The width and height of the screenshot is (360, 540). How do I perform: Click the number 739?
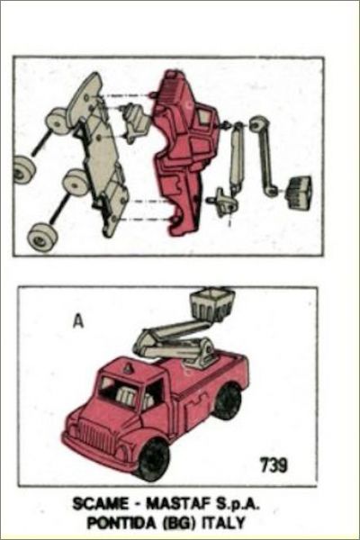(274, 465)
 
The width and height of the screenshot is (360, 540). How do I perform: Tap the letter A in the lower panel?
(79, 321)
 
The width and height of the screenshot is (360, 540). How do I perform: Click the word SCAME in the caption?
(100, 505)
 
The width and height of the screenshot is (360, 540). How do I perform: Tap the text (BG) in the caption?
(179, 523)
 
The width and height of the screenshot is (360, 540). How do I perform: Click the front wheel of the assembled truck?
(153, 458)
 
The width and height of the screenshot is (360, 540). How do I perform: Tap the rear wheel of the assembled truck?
(228, 400)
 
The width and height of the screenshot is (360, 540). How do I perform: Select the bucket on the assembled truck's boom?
(211, 305)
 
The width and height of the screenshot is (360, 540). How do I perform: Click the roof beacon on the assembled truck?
(128, 368)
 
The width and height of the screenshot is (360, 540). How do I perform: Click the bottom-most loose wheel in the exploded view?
(42, 238)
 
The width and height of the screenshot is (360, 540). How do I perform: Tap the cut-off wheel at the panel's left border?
(24, 169)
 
